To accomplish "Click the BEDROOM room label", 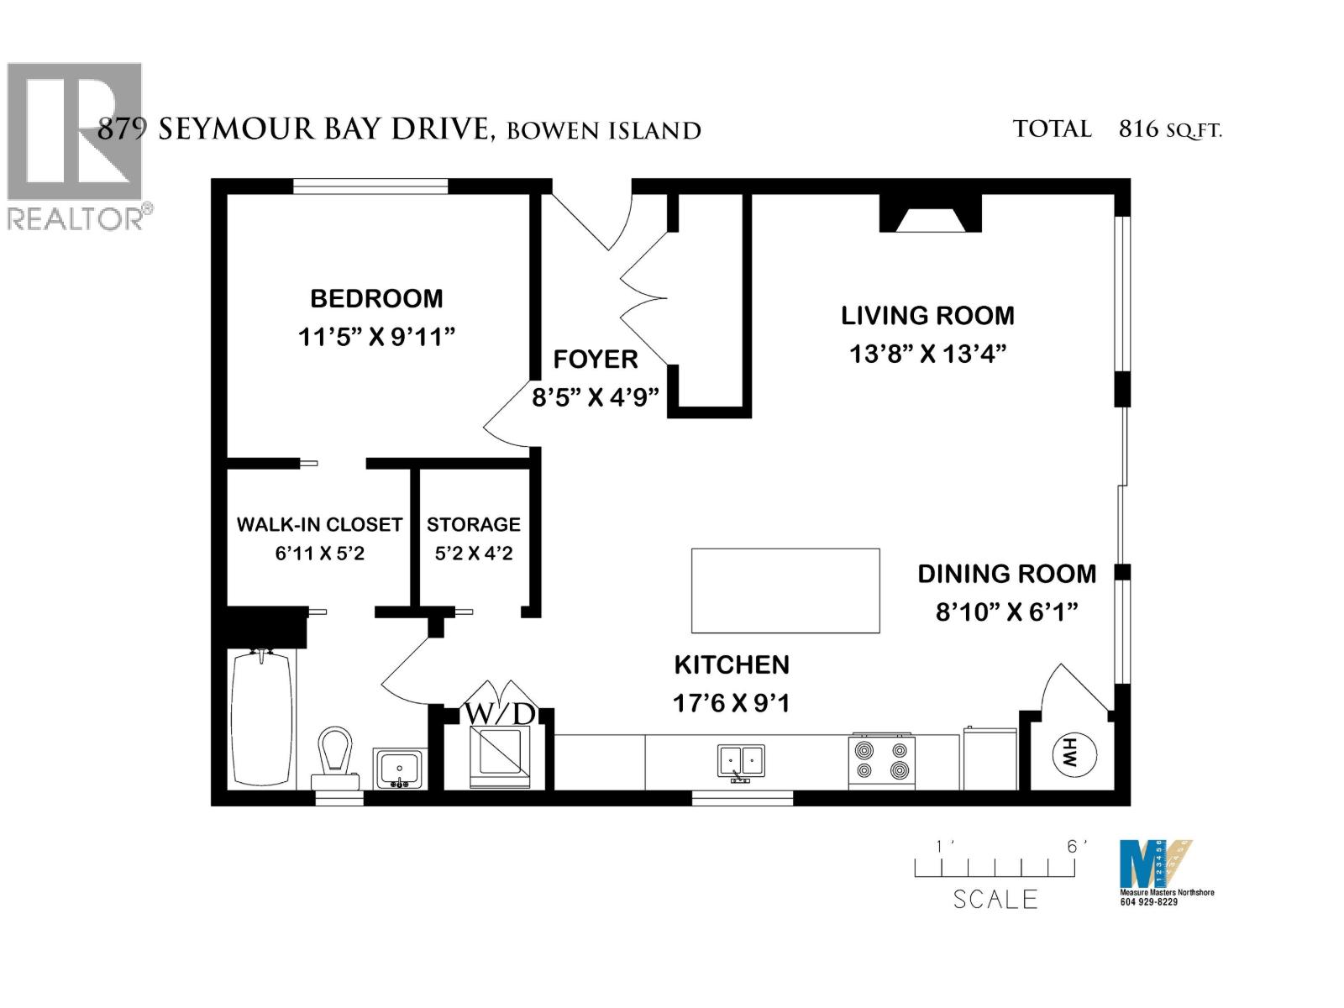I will click(x=376, y=298).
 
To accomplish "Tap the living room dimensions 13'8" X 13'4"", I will click(x=927, y=354).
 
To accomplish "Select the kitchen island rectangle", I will click(x=785, y=591).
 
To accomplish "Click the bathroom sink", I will click(x=399, y=769).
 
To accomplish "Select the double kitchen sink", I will click(x=741, y=761).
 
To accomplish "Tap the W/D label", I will click(x=500, y=714).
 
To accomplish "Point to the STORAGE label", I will click(x=474, y=524).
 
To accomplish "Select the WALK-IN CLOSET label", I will click(x=319, y=524).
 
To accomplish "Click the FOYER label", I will click(x=596, y=360).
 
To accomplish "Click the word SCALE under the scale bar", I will click(x=995, y=900).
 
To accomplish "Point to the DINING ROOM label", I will click(x=1006, y=574).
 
